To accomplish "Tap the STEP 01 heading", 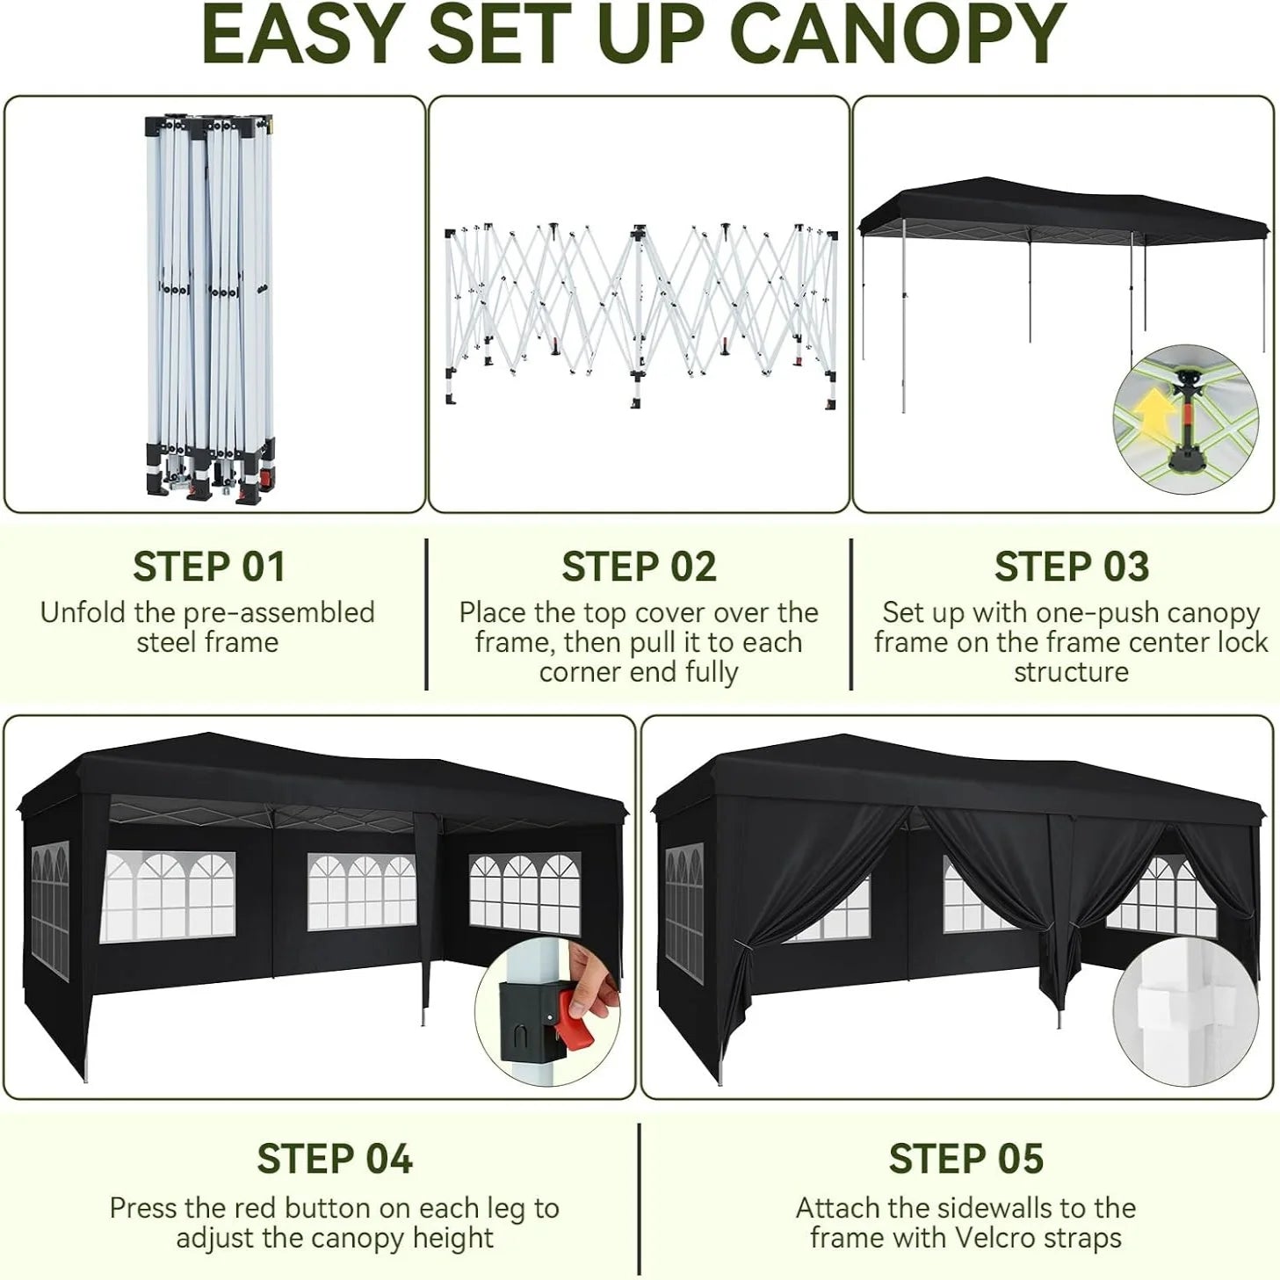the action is tap(209, 567).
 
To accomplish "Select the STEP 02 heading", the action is tap(639, 567).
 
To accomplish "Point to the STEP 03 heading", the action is tap(1072, 567).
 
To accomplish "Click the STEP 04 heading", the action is tap(335, 1159).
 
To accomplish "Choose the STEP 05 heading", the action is tap(966, 1159).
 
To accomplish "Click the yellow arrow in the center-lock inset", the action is tap(1151, 411).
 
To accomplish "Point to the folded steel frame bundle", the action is tap(210, 307).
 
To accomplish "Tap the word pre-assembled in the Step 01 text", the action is tap(279, 613).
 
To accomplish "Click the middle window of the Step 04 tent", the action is tap(361, 892).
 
